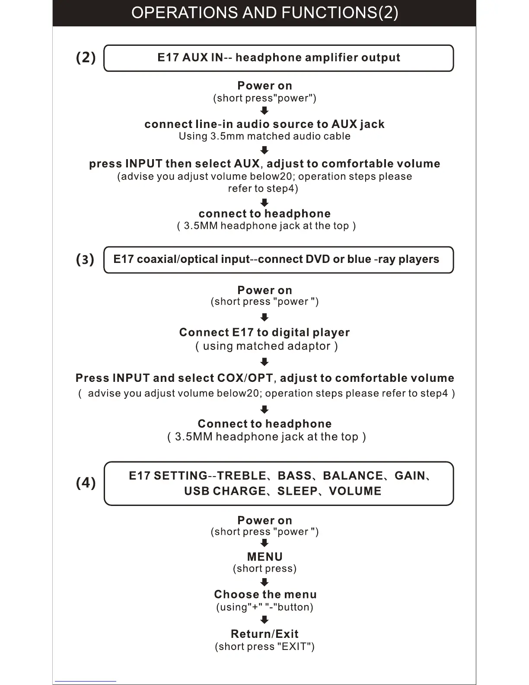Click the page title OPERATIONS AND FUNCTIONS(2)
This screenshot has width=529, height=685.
[x=264, y=13]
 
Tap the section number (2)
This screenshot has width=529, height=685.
[x=86, y=57]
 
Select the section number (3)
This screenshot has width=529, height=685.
[x=85, y=259]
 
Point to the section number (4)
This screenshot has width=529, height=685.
[x=86, y=483]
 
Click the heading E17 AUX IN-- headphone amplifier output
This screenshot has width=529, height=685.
[x=279, y=58]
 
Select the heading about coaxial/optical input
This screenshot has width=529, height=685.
[x=276, y=259]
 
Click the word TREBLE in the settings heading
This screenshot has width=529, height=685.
[x=242, y=476]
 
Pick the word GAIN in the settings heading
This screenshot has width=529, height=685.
[x=410, y=476]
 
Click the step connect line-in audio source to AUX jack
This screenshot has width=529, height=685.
[x=264, y=124]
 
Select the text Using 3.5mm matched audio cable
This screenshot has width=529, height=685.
[x=264, y=136]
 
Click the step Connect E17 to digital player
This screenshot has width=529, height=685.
[x=264, y=332]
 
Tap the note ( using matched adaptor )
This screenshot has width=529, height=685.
[x=266, y=346]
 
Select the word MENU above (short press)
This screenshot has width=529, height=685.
[x=264, y=557]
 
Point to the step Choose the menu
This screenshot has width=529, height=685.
[x=265, y=594]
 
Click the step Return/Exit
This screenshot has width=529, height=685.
[x=264, y=634]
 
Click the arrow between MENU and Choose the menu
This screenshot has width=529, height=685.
[x=264, y=582]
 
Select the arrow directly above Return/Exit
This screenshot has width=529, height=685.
[x=264, y=621]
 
